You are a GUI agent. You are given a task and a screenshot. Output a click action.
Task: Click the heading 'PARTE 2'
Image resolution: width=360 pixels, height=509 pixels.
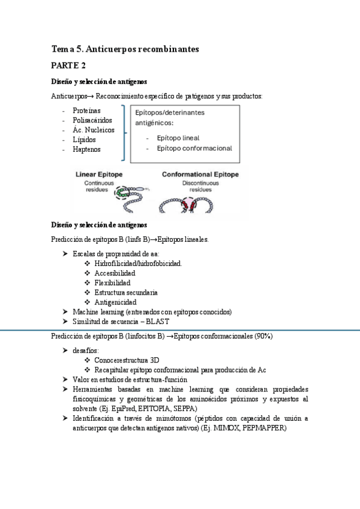(x=68, y=65)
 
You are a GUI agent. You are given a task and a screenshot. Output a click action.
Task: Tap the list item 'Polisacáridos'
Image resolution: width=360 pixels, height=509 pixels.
(x=92, y=121)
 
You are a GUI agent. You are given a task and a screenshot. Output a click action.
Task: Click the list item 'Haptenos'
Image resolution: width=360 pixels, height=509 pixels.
(x=86, y=149)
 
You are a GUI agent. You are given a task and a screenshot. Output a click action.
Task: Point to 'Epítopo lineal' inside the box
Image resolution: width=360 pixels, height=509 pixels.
(x=178, y=137)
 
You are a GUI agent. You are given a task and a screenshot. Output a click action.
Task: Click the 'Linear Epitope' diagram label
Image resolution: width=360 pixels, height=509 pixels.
(x=99, y=175)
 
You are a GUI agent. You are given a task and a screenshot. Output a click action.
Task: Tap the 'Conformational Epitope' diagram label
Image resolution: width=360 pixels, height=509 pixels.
(x=200, y=175)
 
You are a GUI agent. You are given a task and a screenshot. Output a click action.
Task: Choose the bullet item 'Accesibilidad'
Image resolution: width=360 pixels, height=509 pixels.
(x=115, y=273)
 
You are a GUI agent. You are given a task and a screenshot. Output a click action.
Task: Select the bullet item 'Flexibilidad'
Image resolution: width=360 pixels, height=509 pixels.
(x=112, y=283)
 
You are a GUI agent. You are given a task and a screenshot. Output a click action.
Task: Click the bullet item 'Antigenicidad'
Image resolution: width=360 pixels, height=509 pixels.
(x=115, y=302)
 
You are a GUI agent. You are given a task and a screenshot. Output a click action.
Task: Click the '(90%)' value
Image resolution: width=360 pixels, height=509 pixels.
(x=263, y=336)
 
